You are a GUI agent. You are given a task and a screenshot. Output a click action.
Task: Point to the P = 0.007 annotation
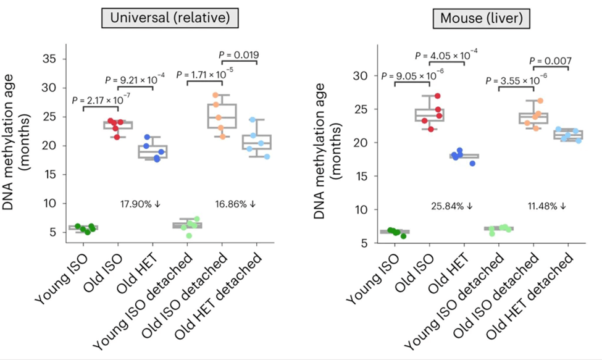(x=550, y=61)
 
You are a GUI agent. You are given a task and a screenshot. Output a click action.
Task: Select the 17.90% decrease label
(x=143, y=203)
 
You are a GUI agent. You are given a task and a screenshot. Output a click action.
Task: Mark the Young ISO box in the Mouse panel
(x=395, y=232)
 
